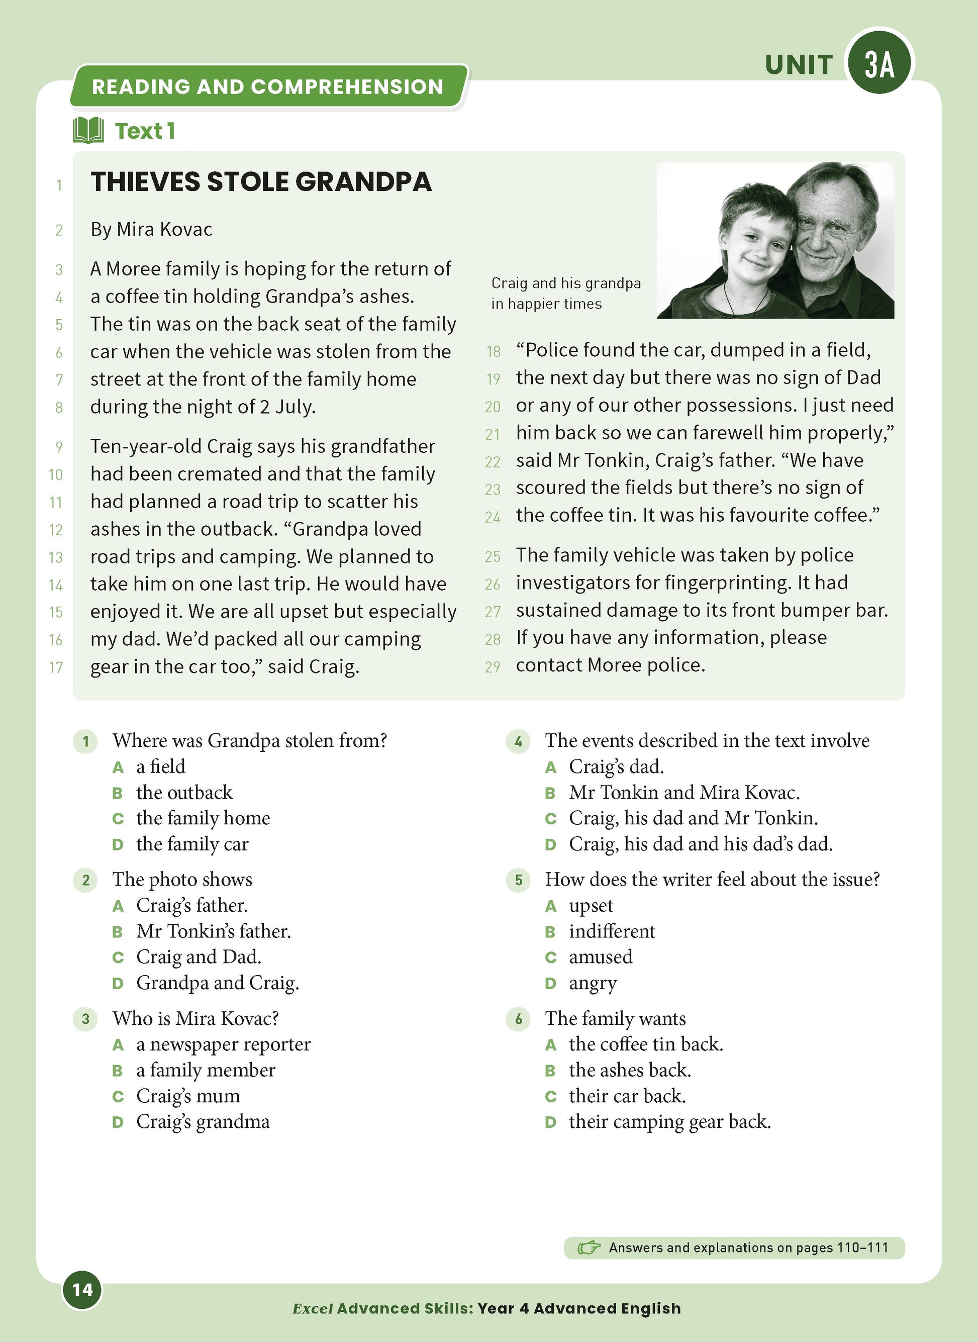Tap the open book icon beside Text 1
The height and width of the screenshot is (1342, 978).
tap(88, 130)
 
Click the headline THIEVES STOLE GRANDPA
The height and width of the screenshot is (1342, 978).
tap(260, 182)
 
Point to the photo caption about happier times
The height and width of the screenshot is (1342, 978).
tap(565, 293)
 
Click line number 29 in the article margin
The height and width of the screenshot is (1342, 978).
tap(493, 667)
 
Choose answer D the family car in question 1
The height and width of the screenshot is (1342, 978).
tap(192, 843)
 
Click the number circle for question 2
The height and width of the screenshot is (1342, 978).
tap(86, 880)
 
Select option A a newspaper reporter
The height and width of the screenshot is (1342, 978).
tap(223, 1044)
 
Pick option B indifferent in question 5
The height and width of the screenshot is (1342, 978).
tap(612, 931)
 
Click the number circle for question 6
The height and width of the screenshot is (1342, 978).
tap(519, 1019)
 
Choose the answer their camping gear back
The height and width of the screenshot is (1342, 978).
tap(669, 1122)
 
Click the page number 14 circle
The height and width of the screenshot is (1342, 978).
tap(82, 1289)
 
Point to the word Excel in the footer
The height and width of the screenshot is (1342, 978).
tap(313, 1308)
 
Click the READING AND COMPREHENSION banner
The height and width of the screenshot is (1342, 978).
tap(267, 86)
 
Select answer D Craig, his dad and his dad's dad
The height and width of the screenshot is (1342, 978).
tap(701, 843)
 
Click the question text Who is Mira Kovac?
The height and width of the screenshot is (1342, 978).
tap(195, 1018)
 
